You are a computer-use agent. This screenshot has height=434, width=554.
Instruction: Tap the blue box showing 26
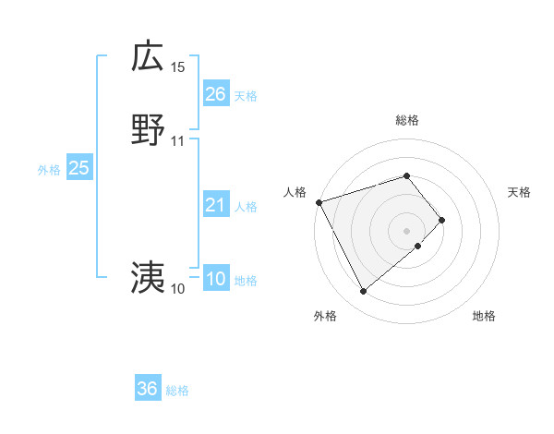click(215, 94)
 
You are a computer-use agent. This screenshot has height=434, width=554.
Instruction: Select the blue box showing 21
click(215, 205)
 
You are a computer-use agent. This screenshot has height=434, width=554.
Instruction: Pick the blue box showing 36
click(148, 389)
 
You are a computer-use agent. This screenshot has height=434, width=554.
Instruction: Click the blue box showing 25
click(78, 168)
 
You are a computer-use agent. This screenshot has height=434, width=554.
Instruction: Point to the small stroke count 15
click(178, 67)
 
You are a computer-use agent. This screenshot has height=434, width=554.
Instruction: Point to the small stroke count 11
click(178, 141)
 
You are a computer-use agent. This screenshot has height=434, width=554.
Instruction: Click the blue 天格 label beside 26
click(246, 96)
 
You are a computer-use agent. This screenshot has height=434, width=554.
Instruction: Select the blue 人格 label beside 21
click(246, 207)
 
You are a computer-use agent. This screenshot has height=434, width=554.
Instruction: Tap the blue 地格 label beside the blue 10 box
click(246, 281)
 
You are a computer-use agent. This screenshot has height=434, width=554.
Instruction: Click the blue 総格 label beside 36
click(177, 391)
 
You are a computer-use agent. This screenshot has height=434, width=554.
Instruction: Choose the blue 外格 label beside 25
click(49, 170)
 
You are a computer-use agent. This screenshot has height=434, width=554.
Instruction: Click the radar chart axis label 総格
click(406, 120)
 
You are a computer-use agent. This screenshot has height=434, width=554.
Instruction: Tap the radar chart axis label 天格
click(520, 192)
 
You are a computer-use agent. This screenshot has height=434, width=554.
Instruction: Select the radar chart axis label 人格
click(295, 192)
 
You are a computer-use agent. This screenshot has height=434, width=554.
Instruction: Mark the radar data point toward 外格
click(364, 292)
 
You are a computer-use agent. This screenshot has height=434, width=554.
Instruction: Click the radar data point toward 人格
click(319, 202)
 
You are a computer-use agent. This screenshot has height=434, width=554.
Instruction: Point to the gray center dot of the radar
click(406, 230)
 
